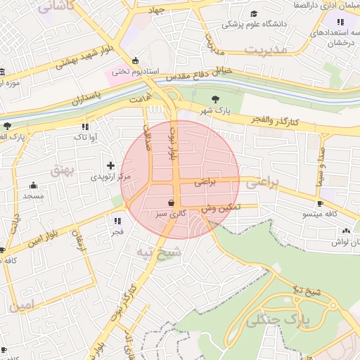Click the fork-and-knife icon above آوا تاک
pyautogui.click(x=84, y=127)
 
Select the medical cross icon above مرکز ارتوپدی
pyautogui.click(x=110, y=165)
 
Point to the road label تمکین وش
pyautogui.click(x=220, y=208)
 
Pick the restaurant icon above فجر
pyautogui.click(x=117, y=220)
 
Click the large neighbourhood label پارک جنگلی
pyautogui.click(x=277, y=321)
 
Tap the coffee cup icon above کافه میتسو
pyautogui.click(x=320, y=203)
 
